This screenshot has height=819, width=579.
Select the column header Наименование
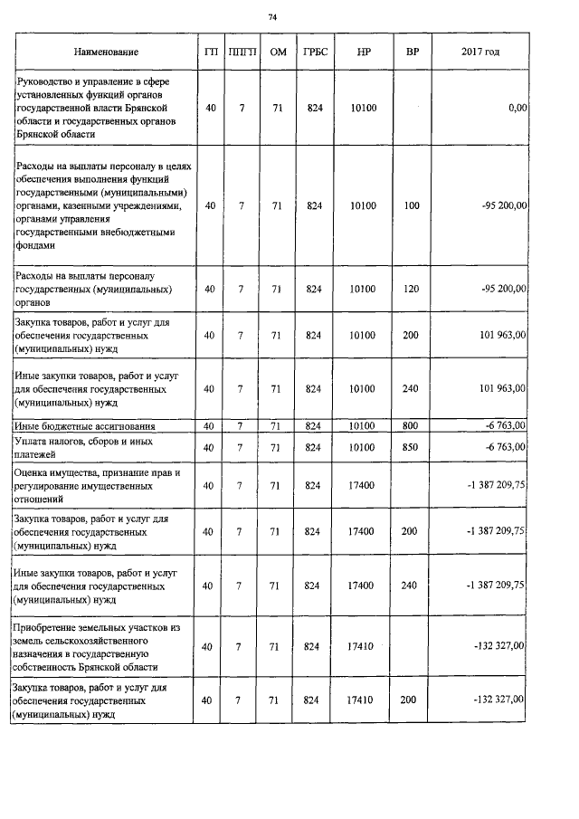point(107,53)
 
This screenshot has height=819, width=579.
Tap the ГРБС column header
point(314,53)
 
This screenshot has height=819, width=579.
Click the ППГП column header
point(242,53)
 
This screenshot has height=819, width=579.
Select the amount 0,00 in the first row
point(517,108)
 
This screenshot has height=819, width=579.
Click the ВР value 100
point(412,205)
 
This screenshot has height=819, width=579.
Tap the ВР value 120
point(412,289)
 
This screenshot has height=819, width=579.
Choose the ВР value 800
point(412,425)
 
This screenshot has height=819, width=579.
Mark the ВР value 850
point(412,447)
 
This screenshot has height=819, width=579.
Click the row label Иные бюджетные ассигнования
point(84,425)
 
